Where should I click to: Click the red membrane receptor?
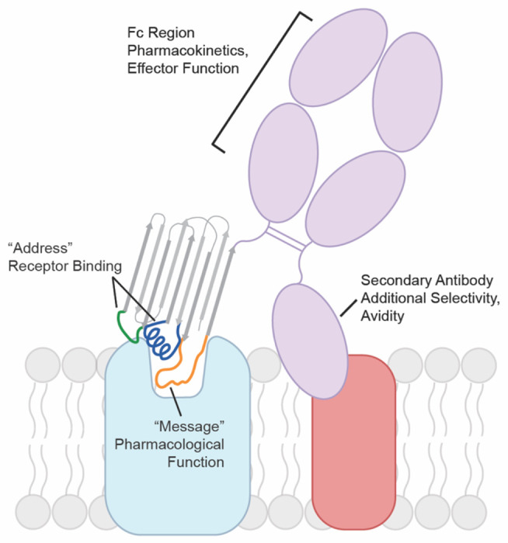[x=353, y=458]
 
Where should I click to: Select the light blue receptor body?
[x=179, y=458]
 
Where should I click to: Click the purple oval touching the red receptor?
[x=310, y=337]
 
